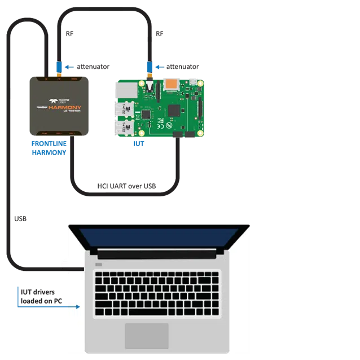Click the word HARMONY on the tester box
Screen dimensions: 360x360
pyautogui.click(x=65, y=107)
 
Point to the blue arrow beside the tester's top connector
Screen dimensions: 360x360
pyautogui.click(x=69, y=67)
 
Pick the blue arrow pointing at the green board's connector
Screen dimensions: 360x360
pyautogui.click(x=160, y=67)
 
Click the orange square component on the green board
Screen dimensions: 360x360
pyautogui.click(x=172, y=84)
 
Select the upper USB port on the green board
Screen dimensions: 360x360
pyautogui.click(x=125, y=108)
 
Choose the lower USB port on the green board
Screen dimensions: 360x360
pyautogui.click(x=125, y=128)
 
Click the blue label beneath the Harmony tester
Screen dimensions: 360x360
pyautogui.click(x=50, y=147)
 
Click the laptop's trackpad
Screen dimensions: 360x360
pyautogui.click(x=147, y=335)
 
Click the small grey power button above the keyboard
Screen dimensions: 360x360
pyautogui.click(x=99, y=264)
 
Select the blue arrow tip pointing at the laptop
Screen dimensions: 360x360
pyautogui.click(x=78, y=307)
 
